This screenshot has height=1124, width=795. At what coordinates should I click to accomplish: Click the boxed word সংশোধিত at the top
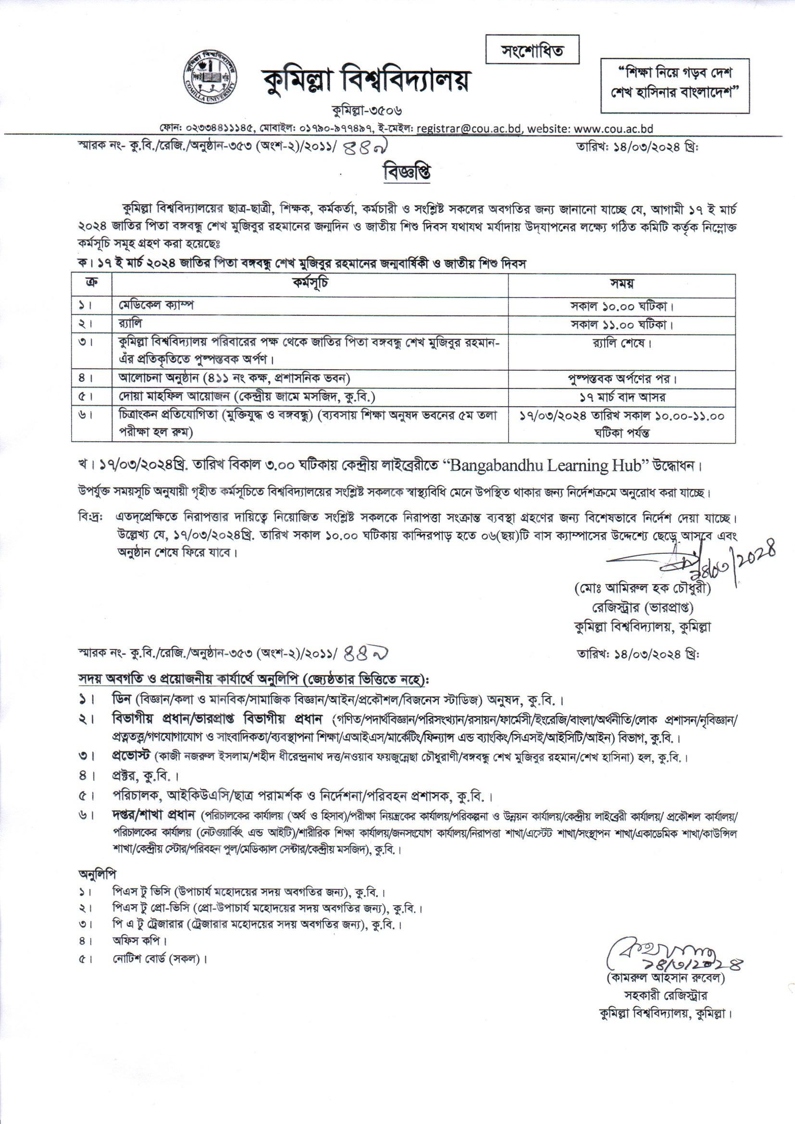[x=532, y=50]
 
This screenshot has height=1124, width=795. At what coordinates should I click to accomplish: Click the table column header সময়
[x=621, y=284]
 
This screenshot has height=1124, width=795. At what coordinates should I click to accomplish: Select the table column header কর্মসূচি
[x=311, y=284]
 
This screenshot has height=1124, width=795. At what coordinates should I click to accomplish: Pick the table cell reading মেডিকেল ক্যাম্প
[x=156, y=305]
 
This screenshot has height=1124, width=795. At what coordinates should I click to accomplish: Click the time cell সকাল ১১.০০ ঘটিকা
[x=621, y=325]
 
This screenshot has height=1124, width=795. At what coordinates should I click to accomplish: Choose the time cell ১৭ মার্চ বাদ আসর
[x=621, y=397]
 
